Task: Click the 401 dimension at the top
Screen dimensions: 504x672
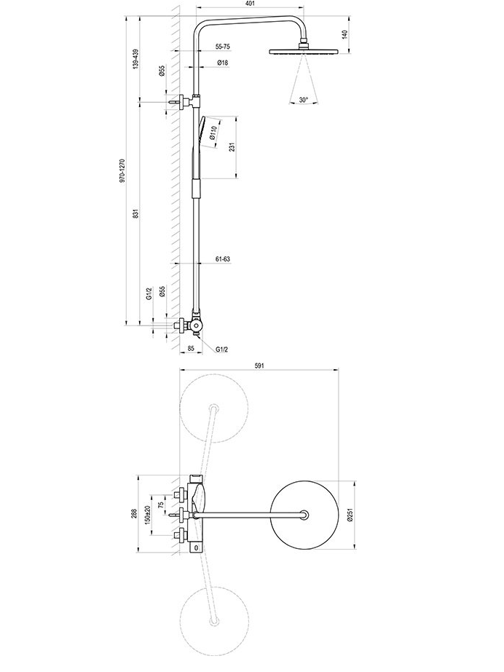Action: point(251,4)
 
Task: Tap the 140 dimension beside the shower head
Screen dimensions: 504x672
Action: point(345,34)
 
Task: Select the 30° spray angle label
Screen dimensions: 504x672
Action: point(304,100)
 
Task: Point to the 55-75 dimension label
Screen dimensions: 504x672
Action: point(223,47)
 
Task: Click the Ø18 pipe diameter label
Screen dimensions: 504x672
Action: point(222,63)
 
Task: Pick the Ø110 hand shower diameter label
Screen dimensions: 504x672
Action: point(214,132)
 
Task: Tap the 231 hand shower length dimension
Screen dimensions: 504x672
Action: point(232,147)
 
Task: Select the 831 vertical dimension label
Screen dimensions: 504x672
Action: point(135,213)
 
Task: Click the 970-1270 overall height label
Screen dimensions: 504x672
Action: point(122,171)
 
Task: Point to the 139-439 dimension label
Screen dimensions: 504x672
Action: point(135,59)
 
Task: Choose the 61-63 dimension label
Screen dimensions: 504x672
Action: point(222,259)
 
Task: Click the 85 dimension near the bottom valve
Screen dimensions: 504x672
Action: point(191,349)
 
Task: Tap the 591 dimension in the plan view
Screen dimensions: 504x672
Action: point(259,365)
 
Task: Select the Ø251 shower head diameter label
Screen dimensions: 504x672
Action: point(350,515)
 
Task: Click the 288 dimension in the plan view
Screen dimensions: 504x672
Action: point(133,513)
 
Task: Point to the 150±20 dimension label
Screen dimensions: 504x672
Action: point(147,514)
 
